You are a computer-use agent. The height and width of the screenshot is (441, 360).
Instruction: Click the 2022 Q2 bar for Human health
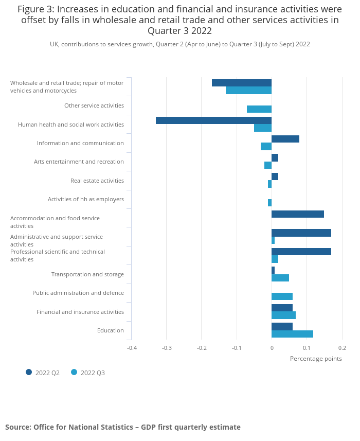[213, 120]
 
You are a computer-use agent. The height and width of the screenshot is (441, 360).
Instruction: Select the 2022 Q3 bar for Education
[292, 334]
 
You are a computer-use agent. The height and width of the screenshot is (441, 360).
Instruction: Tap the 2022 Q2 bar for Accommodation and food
[297, 214]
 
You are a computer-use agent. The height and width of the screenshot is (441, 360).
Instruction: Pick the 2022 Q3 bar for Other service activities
[259, 109]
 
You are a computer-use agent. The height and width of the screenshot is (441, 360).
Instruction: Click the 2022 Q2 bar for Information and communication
[285, 139]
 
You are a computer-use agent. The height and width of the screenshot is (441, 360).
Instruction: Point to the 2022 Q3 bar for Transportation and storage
[280, 278]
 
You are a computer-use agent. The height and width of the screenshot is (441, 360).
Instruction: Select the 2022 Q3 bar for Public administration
[282, 296]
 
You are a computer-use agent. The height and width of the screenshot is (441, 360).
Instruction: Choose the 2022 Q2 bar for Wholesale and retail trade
[241, 83]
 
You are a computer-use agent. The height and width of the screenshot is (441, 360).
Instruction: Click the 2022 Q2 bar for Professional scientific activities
[301, 252]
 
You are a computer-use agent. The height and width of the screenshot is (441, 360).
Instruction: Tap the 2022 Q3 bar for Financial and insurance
[283, 315]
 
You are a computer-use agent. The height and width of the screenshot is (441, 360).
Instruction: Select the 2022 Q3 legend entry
[88, 373]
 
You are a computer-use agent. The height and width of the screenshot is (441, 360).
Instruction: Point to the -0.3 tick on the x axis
[167, 348]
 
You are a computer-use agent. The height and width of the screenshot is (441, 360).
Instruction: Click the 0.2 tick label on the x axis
[342, 348]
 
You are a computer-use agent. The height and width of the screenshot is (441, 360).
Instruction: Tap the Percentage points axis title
[316, 359]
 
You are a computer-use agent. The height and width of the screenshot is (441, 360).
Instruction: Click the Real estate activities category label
[97, 181]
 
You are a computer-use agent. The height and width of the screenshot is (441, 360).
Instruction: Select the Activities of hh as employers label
[86, 199]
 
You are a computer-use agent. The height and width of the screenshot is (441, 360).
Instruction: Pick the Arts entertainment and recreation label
[79, 162]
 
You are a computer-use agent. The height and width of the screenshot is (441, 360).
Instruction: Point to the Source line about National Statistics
[123, 427]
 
